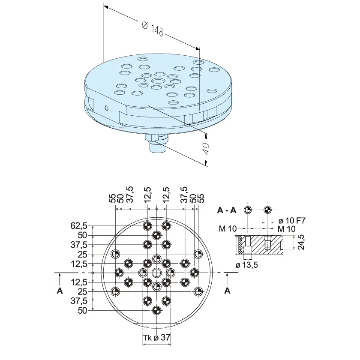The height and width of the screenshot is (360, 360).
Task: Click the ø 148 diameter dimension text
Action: coord(153,29)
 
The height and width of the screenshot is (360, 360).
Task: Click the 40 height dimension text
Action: coord(206,149)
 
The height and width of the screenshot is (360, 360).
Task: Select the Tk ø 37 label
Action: coord(157,338)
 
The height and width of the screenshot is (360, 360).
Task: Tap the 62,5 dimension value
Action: coord(79,226)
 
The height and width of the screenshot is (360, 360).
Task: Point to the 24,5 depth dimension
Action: coord(300,242)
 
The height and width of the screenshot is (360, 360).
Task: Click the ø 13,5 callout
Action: coord(247,265)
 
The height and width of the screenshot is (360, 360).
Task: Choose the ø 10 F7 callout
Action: coord(292,221)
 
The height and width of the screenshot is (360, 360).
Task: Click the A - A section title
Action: coord(227,210)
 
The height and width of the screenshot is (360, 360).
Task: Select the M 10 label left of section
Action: coord(228,229)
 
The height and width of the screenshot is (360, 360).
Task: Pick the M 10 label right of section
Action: coord(287,229)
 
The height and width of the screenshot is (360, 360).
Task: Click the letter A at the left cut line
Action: coord(60,291)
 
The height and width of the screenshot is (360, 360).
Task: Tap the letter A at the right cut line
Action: coord(227,291)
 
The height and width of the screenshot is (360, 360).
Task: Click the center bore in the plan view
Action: coord(156,273)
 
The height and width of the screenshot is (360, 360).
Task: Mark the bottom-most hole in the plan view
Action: coord(156,310)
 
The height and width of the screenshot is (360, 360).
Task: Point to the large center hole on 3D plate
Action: coord(159,81)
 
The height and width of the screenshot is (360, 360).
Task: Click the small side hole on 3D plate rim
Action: coord(106,108)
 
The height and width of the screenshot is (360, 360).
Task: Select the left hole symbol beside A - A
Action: coord(248,210)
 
